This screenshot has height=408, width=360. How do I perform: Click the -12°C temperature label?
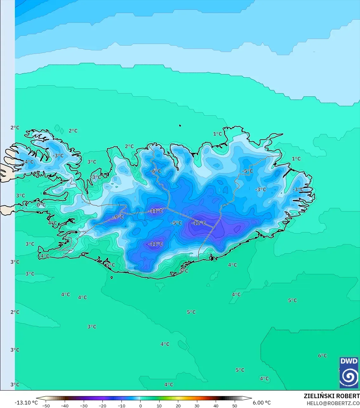click(199, 223)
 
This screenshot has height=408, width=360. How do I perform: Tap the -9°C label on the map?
click(118, 217)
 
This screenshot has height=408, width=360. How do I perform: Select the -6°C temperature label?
click(155, 171)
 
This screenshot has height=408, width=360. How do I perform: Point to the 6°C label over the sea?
click(322, 356)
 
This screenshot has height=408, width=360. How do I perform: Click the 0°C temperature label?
click(41, 205)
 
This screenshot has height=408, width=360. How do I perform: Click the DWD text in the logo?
click(349, 361)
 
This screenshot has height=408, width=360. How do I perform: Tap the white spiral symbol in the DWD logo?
click(349, 376)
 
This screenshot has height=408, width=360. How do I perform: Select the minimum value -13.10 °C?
click(26, 403)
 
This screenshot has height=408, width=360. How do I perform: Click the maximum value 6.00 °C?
click(262, 403)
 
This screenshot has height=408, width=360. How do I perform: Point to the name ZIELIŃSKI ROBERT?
click(331, 396)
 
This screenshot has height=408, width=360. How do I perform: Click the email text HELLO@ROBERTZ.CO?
click(333, 403)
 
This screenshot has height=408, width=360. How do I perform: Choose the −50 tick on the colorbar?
click(46, 406)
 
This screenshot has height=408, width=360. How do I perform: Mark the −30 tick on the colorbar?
click(83, 406)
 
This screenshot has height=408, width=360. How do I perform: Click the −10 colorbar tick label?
click(121, 406)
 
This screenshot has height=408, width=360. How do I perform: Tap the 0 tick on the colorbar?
click(141, 406)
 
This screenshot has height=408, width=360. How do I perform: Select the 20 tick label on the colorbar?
click(178, 406)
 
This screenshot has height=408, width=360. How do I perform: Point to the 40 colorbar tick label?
click(216, 406)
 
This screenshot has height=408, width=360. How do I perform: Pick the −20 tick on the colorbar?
click(102, 406)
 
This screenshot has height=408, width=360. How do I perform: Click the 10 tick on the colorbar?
click(159, 406)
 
